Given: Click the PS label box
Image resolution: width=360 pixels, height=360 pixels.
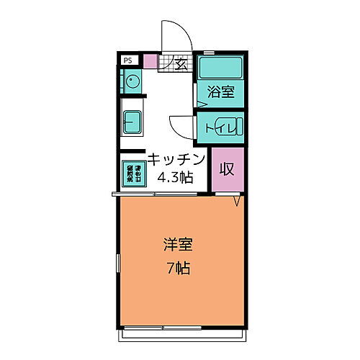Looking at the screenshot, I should [127, 61].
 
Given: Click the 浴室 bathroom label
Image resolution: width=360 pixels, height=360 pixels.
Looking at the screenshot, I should [221, 92].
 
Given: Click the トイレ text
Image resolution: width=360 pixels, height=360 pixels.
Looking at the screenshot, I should [217, 128].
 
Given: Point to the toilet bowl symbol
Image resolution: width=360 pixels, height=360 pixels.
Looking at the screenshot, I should [235, 128].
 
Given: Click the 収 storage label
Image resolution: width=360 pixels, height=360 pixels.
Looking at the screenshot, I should [228, 170].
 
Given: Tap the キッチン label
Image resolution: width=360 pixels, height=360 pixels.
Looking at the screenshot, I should [177, 159].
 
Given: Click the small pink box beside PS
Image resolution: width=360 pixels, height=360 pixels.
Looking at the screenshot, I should [150, 62].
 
